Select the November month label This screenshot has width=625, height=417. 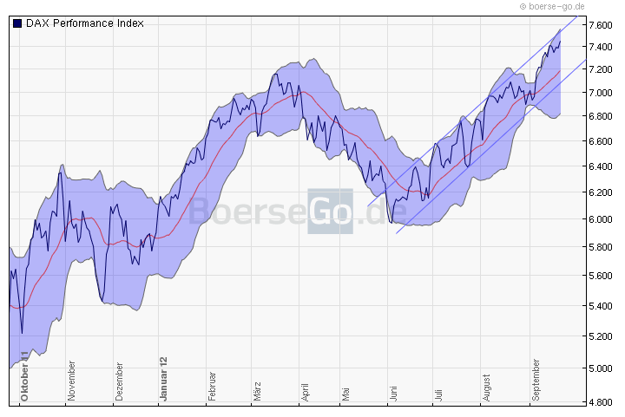point(71,382)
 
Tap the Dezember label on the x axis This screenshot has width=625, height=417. point(118,382)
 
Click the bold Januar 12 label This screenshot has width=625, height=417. point(162,379)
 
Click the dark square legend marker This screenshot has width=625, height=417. point(17,23)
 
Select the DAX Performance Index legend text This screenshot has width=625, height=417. point(84,23)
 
